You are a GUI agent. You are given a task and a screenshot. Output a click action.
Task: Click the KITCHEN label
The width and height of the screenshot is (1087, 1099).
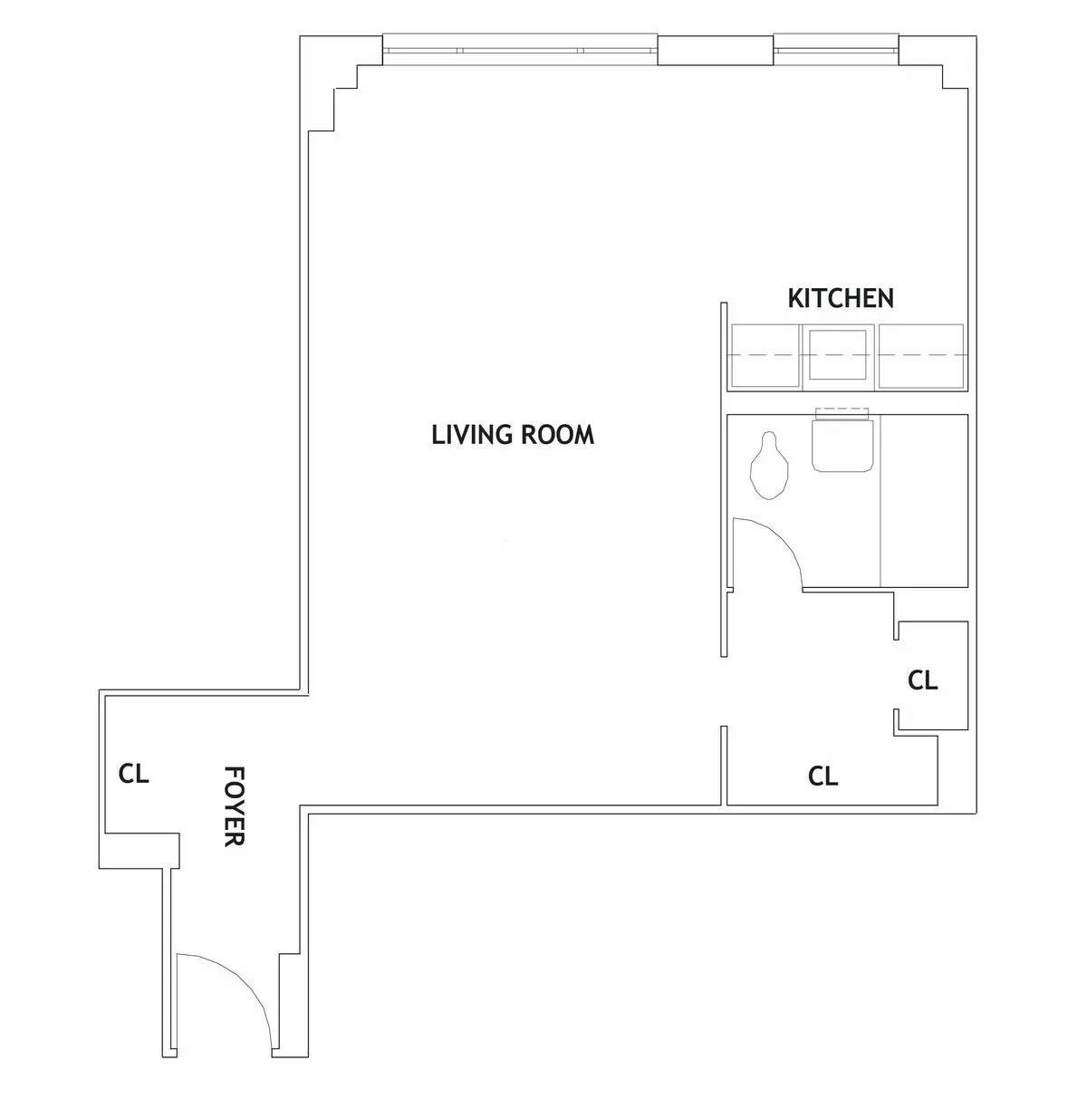[841, 298]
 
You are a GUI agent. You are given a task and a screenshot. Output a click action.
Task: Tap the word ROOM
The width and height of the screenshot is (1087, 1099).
[558, 435]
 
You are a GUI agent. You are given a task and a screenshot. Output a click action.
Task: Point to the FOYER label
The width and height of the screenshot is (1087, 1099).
[235, 805]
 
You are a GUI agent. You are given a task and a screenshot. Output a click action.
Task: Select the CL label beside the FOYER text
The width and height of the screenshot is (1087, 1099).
[133, 775]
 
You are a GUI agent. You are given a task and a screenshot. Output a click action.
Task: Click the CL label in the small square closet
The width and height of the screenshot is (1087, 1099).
[922, 680]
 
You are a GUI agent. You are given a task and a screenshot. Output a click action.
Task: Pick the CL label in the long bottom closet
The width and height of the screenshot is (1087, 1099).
[822, 776]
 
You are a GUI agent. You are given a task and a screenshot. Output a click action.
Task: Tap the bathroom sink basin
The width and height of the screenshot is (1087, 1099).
[843, 445]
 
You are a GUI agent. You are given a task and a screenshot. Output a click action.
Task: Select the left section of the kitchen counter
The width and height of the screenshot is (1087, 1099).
[765, 356]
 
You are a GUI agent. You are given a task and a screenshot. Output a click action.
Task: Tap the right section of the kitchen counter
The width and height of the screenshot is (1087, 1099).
[923, 356]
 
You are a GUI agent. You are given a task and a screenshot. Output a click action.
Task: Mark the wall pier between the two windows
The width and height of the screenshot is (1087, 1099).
[715, 50]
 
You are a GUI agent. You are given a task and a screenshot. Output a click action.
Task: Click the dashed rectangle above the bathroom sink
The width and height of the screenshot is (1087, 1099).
[843, 413]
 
